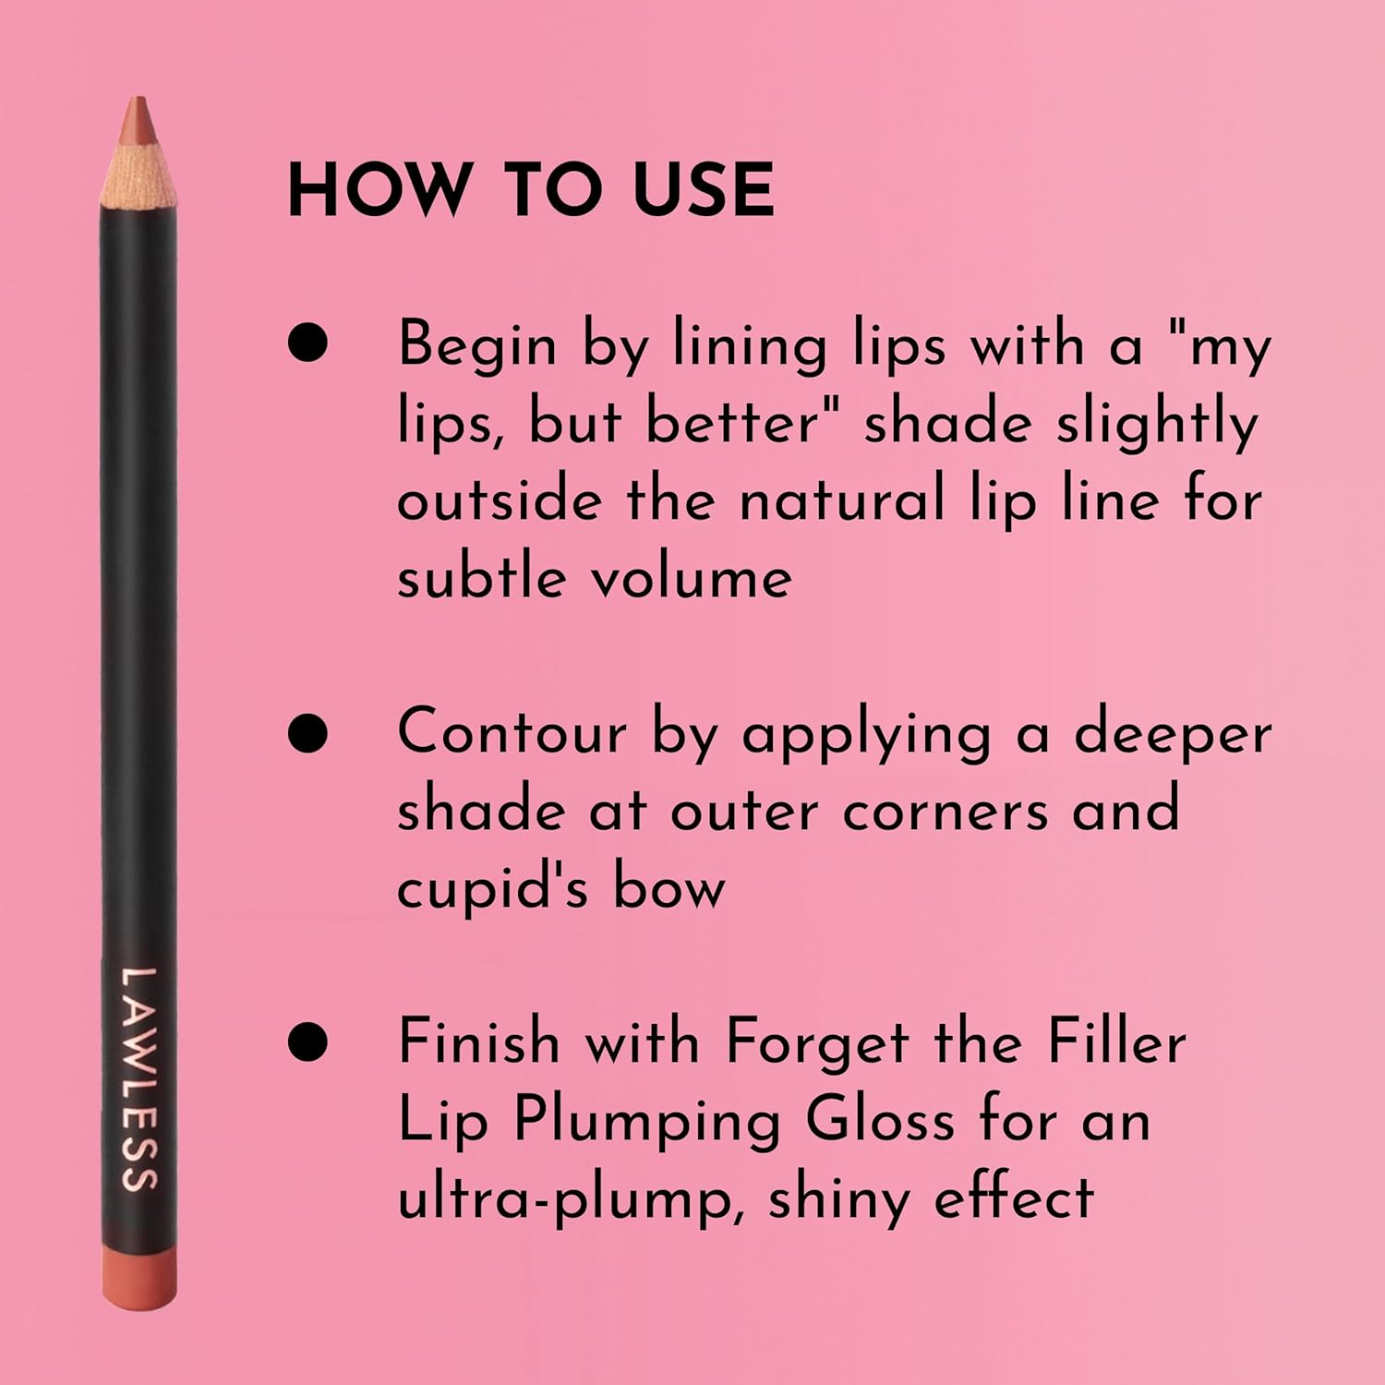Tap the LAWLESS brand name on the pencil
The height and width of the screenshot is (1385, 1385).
click(139, 1078)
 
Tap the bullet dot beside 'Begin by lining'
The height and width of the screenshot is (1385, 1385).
click(308, 343)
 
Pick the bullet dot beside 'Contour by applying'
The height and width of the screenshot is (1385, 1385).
click(308, 733)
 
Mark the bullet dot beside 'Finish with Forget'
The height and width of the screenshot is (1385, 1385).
click(308, 1042)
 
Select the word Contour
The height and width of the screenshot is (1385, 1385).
click(512, 733)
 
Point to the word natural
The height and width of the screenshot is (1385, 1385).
click(842, 500)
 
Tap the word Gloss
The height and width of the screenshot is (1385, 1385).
click(879, 1121)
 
